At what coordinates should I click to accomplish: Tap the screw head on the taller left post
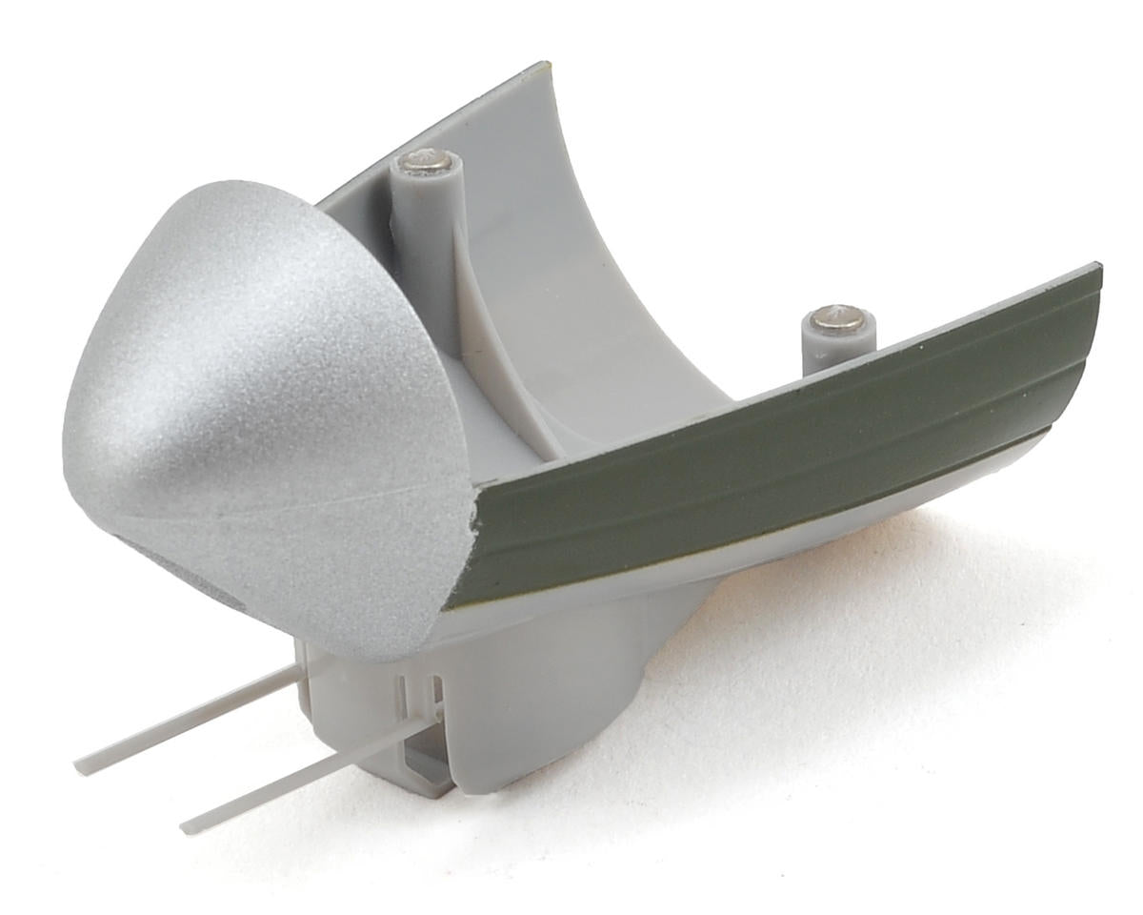tap(424, 162)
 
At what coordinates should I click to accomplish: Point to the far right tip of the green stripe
tap(1097, 272)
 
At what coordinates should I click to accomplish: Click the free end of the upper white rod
tap(81, 764)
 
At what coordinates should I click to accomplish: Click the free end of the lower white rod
tap(187, 824)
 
